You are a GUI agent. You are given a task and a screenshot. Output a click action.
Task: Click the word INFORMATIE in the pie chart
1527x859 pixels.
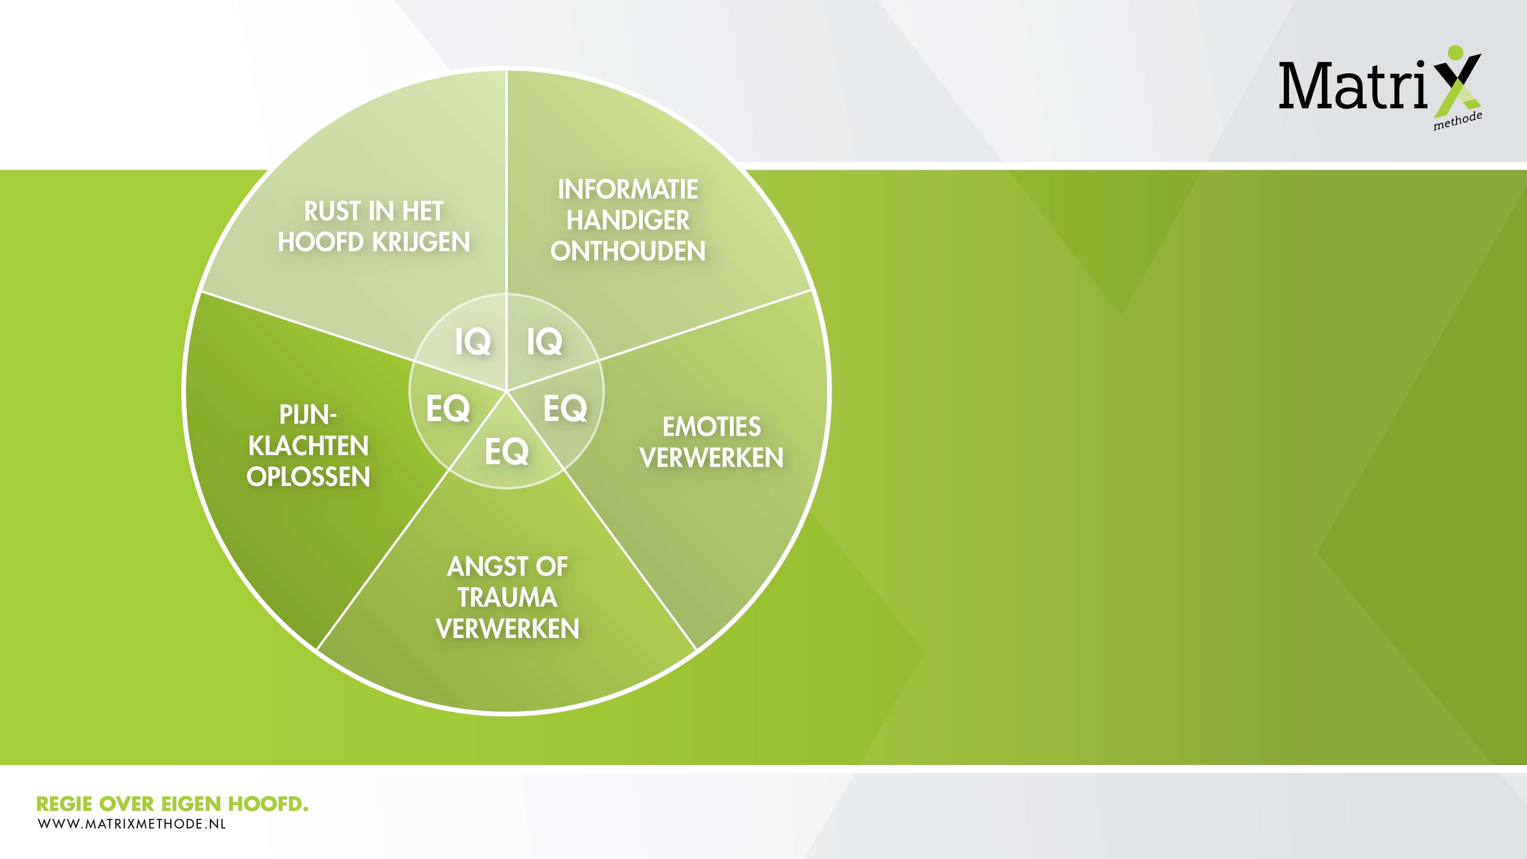coord(628,190)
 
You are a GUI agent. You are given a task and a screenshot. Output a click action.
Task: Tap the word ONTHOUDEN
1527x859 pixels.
coord(628,251)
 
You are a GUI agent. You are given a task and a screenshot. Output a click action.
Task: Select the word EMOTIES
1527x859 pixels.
coord(711,427)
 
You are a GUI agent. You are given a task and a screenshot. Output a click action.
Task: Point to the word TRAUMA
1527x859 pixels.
coord(507,597)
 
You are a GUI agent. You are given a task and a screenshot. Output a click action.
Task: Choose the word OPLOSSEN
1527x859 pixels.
coord(308,476)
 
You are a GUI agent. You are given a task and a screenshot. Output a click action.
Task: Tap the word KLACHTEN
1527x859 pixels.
coord(308,446)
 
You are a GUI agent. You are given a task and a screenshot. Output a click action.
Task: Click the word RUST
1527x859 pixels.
coord(332,211)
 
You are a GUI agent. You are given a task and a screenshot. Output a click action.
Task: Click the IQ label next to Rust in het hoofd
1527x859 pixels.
coord(473,341)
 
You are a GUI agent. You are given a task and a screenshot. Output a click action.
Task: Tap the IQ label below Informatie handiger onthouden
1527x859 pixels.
coord(544,341)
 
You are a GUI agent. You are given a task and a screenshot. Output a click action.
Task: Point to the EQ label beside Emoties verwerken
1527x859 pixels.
coord(565,409)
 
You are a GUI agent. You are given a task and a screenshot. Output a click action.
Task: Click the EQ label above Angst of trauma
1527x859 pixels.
coord(507,452)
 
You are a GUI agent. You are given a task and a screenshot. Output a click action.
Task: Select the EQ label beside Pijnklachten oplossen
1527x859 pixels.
coord(447,409)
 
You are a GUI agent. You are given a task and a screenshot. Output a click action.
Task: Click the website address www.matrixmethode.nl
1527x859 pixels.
coord(132,823)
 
